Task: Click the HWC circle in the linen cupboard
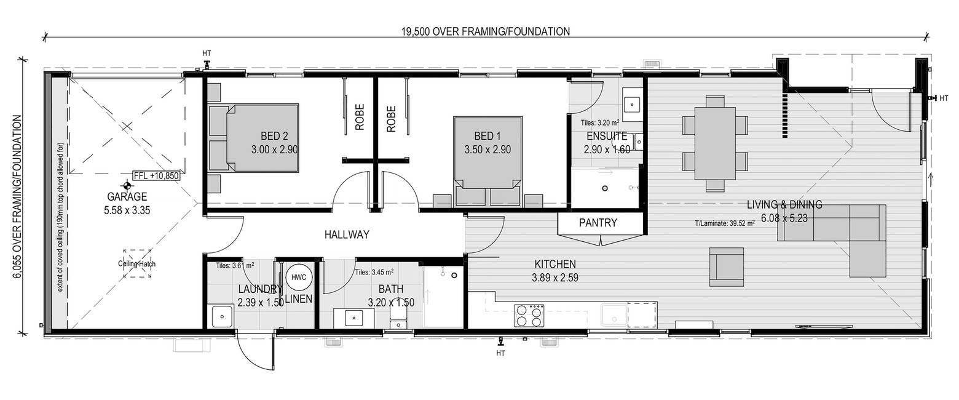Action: [x=298, y=278]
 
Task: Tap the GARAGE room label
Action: [x=127, y=197]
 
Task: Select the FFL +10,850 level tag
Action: [x=156, y=176]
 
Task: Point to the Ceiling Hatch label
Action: [x=137, y=264]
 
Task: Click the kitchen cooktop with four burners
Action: [x=529, y=316]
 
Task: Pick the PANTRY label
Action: [x=598, y=223]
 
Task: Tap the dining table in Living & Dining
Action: [x=714, y=143]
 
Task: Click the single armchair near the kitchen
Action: [x=727, y=266]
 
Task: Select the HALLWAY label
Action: [x=347, y=234]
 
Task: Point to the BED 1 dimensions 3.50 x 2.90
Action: [x=487, y=150]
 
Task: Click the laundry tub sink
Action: [x=222, y=317]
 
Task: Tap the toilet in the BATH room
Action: [x=398, y=319]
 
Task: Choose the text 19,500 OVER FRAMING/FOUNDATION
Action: [x=486, y=32]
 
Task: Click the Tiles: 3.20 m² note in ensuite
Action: [x=599, y=122]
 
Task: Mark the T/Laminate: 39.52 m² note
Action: [x=724, y=223]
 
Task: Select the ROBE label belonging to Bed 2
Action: [x=360, y=117]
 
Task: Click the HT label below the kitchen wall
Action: [x=500, y=354]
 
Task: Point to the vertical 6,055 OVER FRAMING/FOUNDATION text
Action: [x=18, y=197]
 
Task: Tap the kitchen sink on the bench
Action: [x=614, y=316]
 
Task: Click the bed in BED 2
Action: [x=254, y=138]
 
